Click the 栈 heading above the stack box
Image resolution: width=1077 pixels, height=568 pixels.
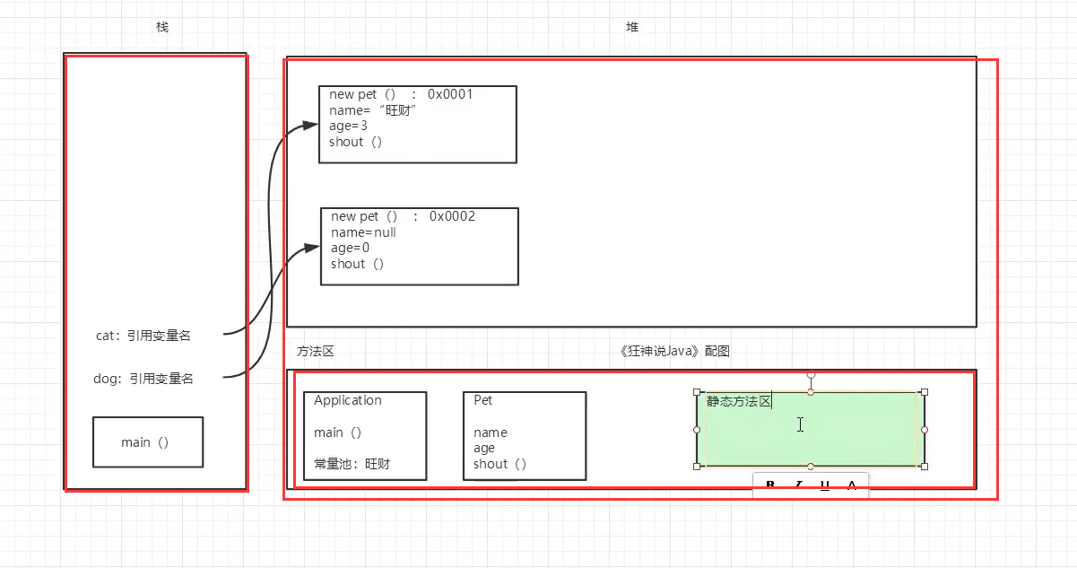coord(162,27)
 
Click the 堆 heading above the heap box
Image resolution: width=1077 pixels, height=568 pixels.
coord(632,27)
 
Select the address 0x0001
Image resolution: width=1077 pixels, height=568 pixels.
coord(450,94)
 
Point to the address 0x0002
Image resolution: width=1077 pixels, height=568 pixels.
coord(452,216)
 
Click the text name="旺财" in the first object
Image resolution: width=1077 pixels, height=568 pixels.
coord(373,110)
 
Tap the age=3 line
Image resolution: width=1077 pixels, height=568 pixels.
coord(348,126)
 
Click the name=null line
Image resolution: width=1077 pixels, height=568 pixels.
coord(363,232)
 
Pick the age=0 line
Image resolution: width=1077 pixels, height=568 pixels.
coord(350,249)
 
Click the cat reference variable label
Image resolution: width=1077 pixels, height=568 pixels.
coord(143,336)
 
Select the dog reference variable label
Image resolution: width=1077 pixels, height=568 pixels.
coord(143,379)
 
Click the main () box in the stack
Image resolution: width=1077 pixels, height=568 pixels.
coord(148,442)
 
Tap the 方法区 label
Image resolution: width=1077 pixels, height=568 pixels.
coord(315,351)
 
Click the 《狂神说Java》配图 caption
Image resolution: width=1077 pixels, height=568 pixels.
coord(674,351)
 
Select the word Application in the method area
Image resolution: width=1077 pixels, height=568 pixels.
coord(348,400)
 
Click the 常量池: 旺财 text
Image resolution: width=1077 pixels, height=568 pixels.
coord(352,464)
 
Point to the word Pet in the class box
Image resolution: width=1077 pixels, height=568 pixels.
coord(482,400)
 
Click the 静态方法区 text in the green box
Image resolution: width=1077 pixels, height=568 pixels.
coord(739,401)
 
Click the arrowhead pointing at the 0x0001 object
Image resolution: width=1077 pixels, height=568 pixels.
coord(309,125)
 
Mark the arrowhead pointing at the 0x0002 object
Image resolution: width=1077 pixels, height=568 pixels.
coord(311,248)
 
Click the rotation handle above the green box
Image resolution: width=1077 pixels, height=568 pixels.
coord(811,374)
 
